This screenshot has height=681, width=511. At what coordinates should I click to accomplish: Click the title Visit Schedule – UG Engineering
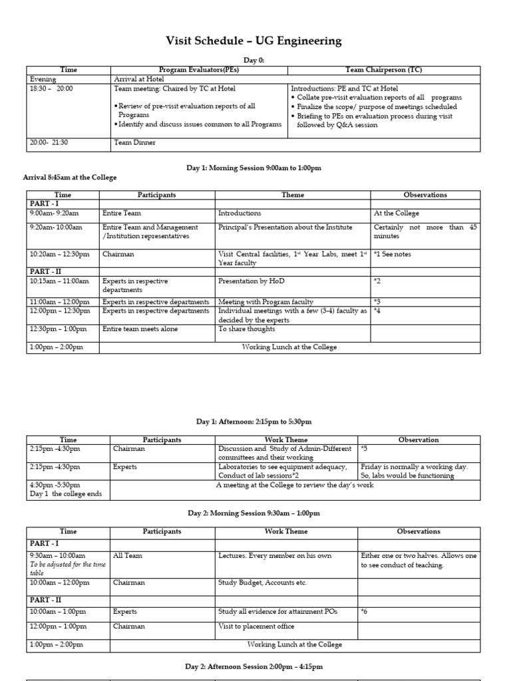click(254, 41)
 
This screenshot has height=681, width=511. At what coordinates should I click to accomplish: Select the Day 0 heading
click(254, 60)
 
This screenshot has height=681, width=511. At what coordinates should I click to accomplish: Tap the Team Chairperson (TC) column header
click(384, 70)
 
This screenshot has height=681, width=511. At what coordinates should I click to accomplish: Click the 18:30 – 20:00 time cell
click(51, 88)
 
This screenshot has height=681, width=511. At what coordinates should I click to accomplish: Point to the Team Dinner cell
click(135, 142)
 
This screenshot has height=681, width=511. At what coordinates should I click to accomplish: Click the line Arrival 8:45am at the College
click(70, 178)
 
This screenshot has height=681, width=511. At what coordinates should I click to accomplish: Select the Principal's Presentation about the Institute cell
click(285, 227)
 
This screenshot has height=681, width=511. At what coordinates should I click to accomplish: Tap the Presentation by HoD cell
click(248, 281)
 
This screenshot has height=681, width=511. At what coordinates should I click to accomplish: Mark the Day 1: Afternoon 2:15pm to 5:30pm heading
click(254, 422)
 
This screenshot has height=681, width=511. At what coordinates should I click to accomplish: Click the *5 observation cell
click(364, 449)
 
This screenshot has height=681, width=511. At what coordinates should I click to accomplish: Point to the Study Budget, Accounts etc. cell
click(262, 583)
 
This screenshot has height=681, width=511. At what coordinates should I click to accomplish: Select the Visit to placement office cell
click(255, 626)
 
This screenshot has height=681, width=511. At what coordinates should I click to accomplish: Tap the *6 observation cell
click(364, 612)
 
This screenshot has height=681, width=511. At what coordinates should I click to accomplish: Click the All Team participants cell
click(127, 555)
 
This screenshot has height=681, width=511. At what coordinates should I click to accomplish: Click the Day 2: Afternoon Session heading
click(254, 666)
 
